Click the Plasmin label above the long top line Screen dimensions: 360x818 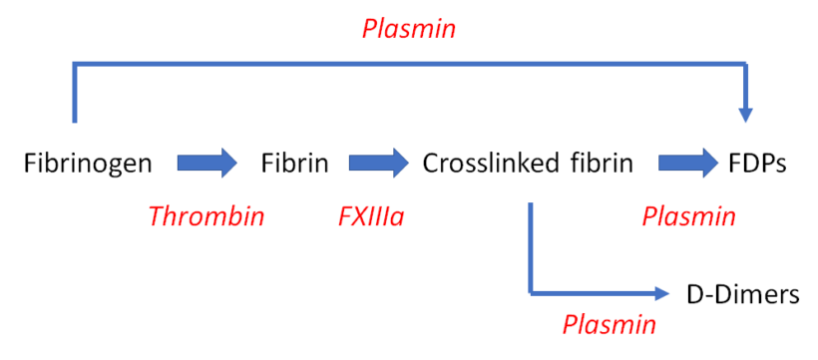(x=409, y=29)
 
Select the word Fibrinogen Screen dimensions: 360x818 (x=89, y=163)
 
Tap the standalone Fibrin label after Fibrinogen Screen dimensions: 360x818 (x=295, y=163)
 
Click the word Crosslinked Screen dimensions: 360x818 (x=484, y=163)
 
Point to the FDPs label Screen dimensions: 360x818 (x=758, y=163)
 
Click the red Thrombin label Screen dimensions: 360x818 (x=206, y=216)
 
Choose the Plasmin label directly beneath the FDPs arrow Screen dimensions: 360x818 (x=689, y=216)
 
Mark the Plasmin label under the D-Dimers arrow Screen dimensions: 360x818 (x=610, y=324)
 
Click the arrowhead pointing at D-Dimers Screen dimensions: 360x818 (x=659, y=293)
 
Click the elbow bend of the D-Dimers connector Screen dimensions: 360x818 (x=532, y=292)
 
